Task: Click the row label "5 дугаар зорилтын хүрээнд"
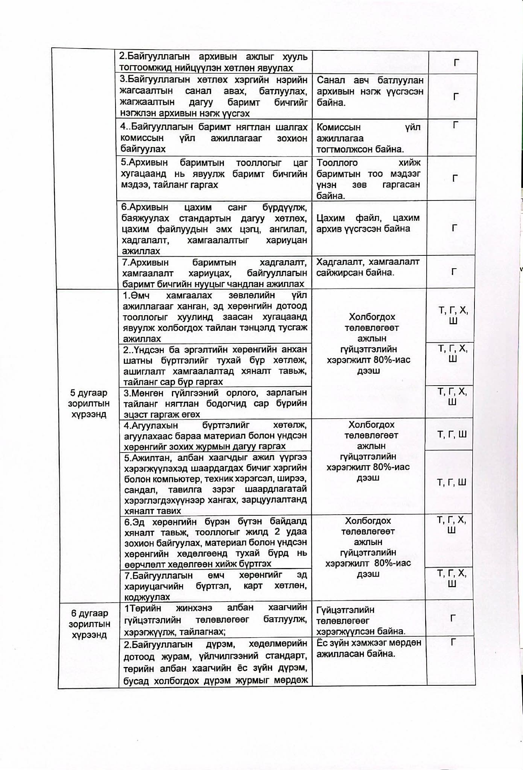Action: point(88,403)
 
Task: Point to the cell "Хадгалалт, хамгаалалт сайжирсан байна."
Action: point(368,267)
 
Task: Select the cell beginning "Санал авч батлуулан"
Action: point(370,91)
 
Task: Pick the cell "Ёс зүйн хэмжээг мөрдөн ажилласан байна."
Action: point(369,648)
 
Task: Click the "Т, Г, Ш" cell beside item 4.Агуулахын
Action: point(452,434)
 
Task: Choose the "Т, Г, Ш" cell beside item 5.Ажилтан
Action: point(451,482)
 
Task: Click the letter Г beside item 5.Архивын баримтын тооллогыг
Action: point(455,178)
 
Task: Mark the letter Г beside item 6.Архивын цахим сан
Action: point(454,228)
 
